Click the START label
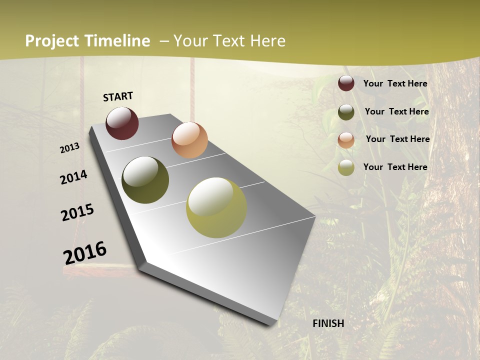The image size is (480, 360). tap(118, 96)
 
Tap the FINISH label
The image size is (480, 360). tap(328, 323)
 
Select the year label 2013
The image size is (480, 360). tap(70, 148)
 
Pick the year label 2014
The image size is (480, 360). tap(74, 177)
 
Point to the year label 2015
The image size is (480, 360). tap(77, 212)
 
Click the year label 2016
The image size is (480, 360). tap(85, 253)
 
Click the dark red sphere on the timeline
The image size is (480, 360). tap(122, 123)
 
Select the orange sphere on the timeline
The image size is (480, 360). tap(189, 140)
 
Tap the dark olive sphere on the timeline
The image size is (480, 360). tap(145, 180)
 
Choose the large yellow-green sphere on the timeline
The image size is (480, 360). tap(216, 207)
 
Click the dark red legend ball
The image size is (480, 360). tap(346, 83)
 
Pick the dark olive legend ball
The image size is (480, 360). tap(346, 112)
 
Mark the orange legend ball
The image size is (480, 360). tap(346, 139)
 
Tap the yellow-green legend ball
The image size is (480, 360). tap(346, 167)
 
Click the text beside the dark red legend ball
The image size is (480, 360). tap(395, 83)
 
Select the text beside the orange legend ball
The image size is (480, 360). tap(397, 139)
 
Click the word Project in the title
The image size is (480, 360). tap(51, 41)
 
